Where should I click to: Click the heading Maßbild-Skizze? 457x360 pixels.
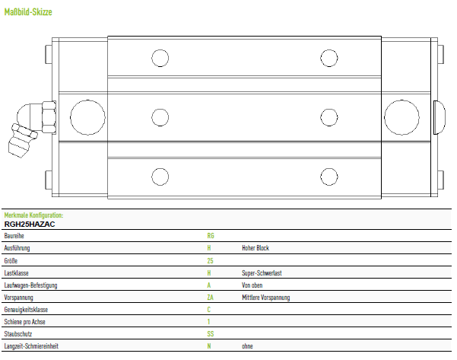pos(28,12)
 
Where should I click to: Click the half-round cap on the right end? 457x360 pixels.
pos(440,117)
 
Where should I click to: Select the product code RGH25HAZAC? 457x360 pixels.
pos(30,225)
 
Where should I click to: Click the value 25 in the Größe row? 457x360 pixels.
pos(210,260)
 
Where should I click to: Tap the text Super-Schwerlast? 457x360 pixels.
pos(262,273)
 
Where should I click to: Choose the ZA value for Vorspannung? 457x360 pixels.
pos(210,298)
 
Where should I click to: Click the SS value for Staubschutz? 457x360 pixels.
pos(210,334)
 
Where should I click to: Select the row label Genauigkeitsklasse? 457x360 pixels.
pos(26,310)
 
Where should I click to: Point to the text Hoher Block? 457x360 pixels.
pos(255,248)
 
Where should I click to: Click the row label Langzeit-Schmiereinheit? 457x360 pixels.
pos(31,346)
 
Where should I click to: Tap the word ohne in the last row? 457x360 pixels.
pos(247,346)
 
